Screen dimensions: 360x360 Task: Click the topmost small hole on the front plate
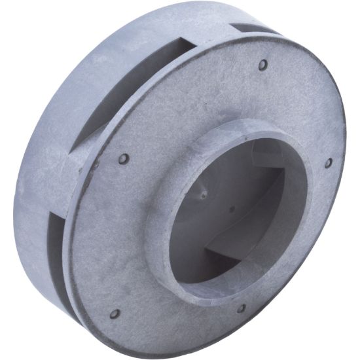pyautogui.click(x=263, y=65)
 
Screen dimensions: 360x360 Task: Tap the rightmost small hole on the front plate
pyautogui.click(x=328, y=162)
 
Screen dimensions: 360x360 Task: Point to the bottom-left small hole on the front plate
pyautogui.click(x=115, y=314)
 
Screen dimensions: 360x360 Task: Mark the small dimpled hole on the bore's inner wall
pyautogui.click(x=204, y=194)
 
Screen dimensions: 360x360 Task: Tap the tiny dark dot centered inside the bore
pyautogui.click(x=231, y=211)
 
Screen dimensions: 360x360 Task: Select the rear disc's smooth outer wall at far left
pyautogui.click(x=23, y=196)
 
